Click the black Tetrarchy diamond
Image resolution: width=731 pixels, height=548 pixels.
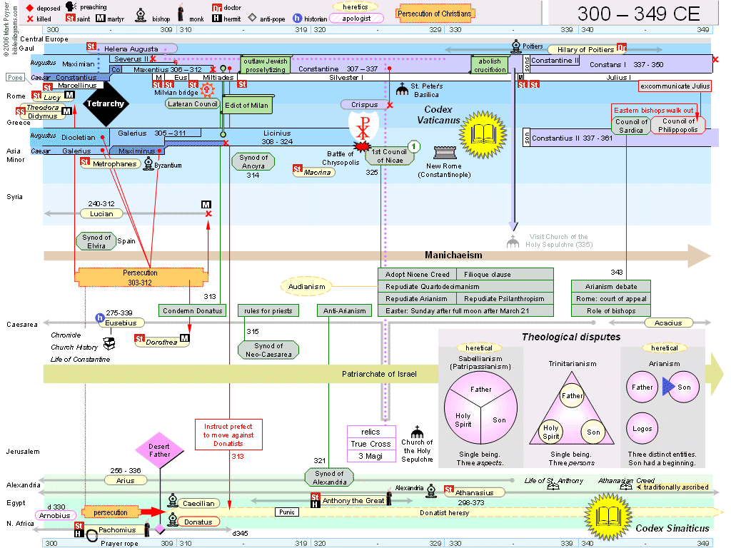(105, 103)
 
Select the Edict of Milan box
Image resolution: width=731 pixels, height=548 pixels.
(246, 105)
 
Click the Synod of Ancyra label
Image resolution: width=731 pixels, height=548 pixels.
(253, 162)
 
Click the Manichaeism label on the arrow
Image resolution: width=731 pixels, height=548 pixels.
(453, 255)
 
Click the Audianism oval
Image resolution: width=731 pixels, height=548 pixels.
(307, 287)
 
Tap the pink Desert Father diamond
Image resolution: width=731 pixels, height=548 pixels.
(159, 450)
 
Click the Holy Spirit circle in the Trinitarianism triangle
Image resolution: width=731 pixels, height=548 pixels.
(550, 432)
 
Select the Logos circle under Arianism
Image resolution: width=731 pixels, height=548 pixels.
(642, 429)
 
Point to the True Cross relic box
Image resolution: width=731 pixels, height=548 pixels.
(370, 444)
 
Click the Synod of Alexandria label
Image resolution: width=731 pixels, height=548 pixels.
(329, 477)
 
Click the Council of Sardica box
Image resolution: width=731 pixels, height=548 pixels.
(631, 126)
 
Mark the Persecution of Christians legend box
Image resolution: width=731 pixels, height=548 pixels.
(435, 14)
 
